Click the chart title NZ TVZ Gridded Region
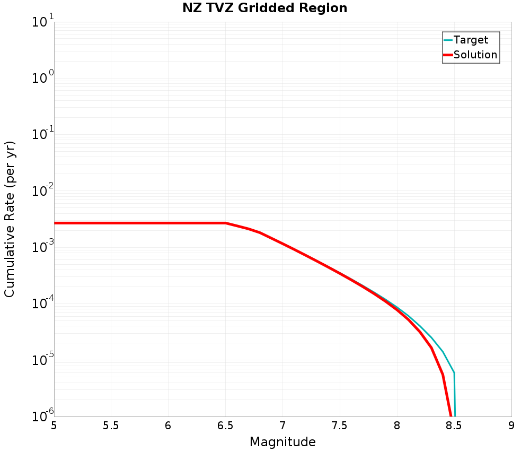tap(264, 8)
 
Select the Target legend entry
tap(471, 40)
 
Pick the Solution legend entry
tap(475, 55)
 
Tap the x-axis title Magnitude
tap(282, 441)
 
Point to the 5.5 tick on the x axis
tap(111, 426)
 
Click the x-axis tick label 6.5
tap(225, 426)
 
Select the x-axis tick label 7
tap(282, 426)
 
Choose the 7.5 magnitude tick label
tap(340, 426)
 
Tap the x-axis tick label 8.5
tap(454, 426)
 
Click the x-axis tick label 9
tap(511, 426)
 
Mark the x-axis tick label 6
tap(168, 426)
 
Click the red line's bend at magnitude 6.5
tap(226, 223)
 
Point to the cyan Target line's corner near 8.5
tap(454, 373)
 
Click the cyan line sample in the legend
tap(448, 40)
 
